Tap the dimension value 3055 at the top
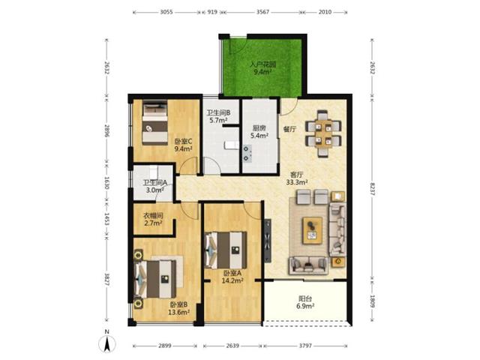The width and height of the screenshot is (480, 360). coord(166,12)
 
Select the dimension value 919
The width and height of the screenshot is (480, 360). coord(212,12)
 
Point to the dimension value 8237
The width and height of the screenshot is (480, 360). coord(372,190)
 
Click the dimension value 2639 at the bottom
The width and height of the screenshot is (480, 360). coord(232,346)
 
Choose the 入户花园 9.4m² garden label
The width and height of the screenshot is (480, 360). coord(263,68)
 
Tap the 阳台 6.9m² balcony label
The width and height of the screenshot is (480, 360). coord(305,301)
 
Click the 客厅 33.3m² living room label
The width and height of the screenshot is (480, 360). coord(297,178)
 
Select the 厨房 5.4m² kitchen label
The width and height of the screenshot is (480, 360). coord(259,132)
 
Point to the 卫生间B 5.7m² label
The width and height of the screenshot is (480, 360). coord(218,116)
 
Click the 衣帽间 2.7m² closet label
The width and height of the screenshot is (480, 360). coord(153,219)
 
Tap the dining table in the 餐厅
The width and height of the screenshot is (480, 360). coord(323,133)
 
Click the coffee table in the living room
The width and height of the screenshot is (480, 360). coord(313,230)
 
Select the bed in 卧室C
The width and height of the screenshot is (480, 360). coord(155,123)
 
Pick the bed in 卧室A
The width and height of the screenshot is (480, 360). coord(226,250)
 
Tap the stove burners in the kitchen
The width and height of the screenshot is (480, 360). coord(247,154)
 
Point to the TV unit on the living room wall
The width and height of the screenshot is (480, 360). coord(268,241)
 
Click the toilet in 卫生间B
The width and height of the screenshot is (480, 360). coord(231,145)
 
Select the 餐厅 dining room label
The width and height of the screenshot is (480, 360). coord(289,129)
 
